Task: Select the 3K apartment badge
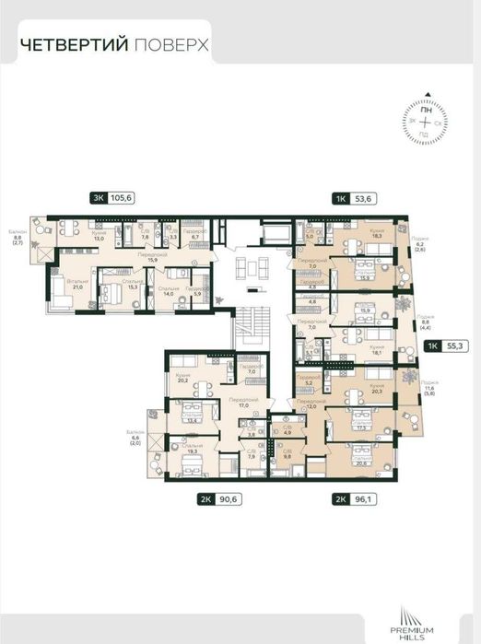(x=97, y=195)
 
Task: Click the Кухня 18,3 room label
(x=351, y=235)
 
